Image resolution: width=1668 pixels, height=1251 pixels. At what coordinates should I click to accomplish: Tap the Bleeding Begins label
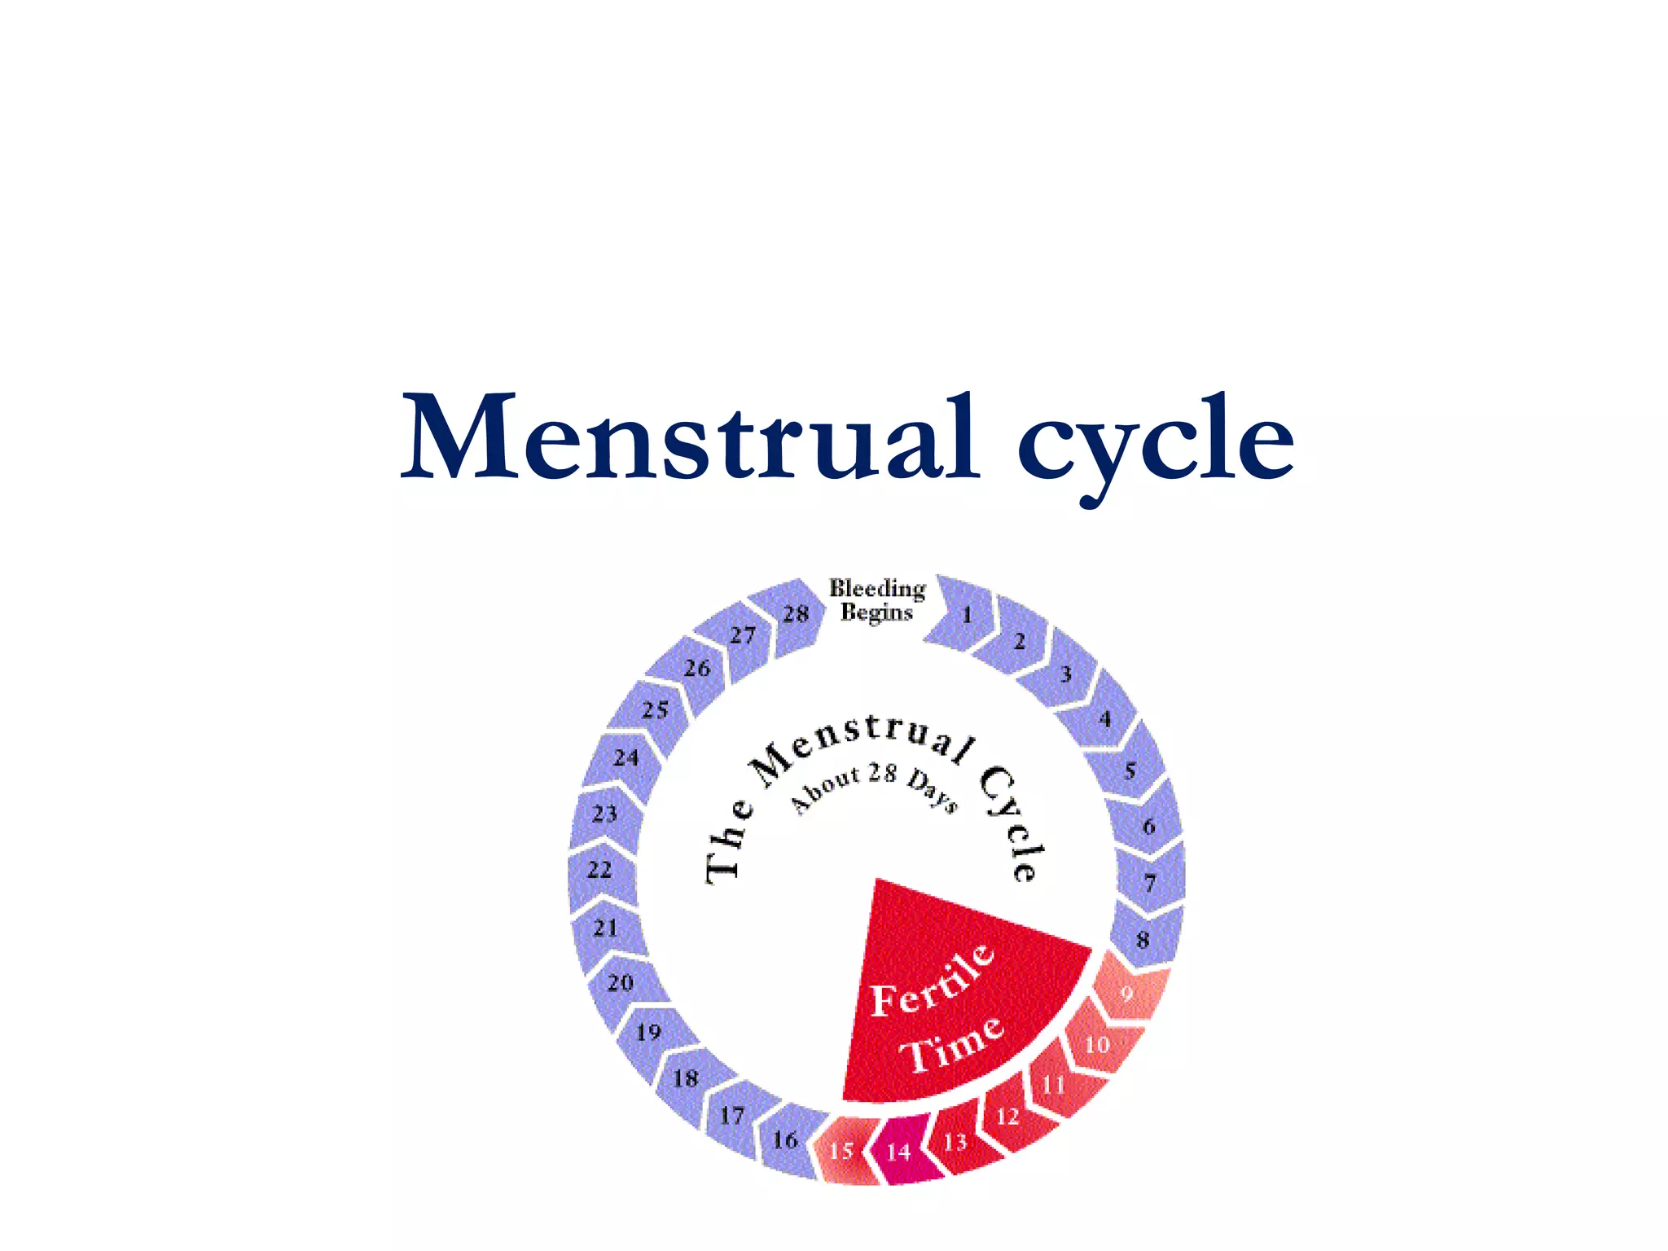pyautogui.click(x=877, y=600)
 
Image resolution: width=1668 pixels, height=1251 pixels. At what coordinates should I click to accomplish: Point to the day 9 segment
pyautogui.click(x=1127, y=993)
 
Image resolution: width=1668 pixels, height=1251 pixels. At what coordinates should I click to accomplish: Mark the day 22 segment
pyautogui.click(x=600, y=870)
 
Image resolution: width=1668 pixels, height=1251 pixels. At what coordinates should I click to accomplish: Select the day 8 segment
pyautogui.click(x=1143, y=939)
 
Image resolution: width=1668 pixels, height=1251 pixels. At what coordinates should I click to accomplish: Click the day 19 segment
pyautogui.click(x=649, y=1033)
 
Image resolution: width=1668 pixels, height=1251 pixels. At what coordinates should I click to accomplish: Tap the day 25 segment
pyautogui.click(x=655, y=710)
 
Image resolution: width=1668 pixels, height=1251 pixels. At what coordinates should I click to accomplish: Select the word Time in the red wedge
pyautogui.click(x=951, y=1046)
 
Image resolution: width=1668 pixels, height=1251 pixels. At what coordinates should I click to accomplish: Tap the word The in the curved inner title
pyautogui.click(x=727, y=843)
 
